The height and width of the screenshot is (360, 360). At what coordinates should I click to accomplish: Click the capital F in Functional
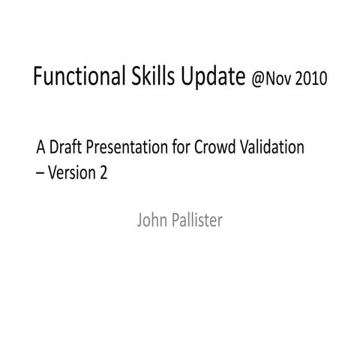coord(39,77)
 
